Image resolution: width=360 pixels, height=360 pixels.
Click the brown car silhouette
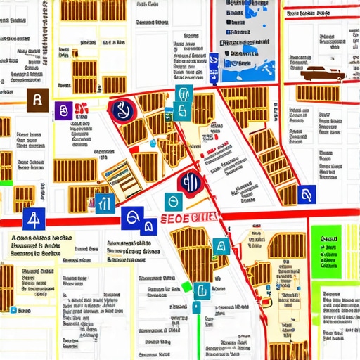tap(322, 74)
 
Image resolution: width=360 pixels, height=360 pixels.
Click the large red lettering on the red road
tap(188, 219)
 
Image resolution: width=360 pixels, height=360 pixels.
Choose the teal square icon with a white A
tap(221, 246)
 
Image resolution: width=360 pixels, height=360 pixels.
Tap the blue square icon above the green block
tap(306, 195)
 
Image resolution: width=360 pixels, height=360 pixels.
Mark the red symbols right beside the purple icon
tap(79, 110)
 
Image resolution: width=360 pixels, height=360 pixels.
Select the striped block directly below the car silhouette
tap(318, 93)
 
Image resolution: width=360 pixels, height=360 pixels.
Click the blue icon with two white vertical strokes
tap(104, 203)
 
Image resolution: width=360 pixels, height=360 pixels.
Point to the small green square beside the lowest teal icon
tap(186, 286)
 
